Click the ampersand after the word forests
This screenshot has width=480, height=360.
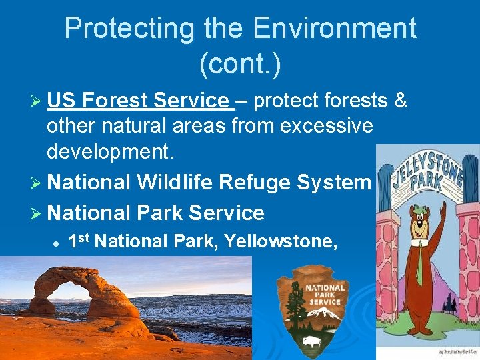(401, 101)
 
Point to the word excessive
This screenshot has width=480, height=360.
(321, 126)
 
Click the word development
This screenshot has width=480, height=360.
(110, 151)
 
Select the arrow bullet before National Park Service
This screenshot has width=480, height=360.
(38, 213)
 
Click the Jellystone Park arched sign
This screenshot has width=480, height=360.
(427, 171)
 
